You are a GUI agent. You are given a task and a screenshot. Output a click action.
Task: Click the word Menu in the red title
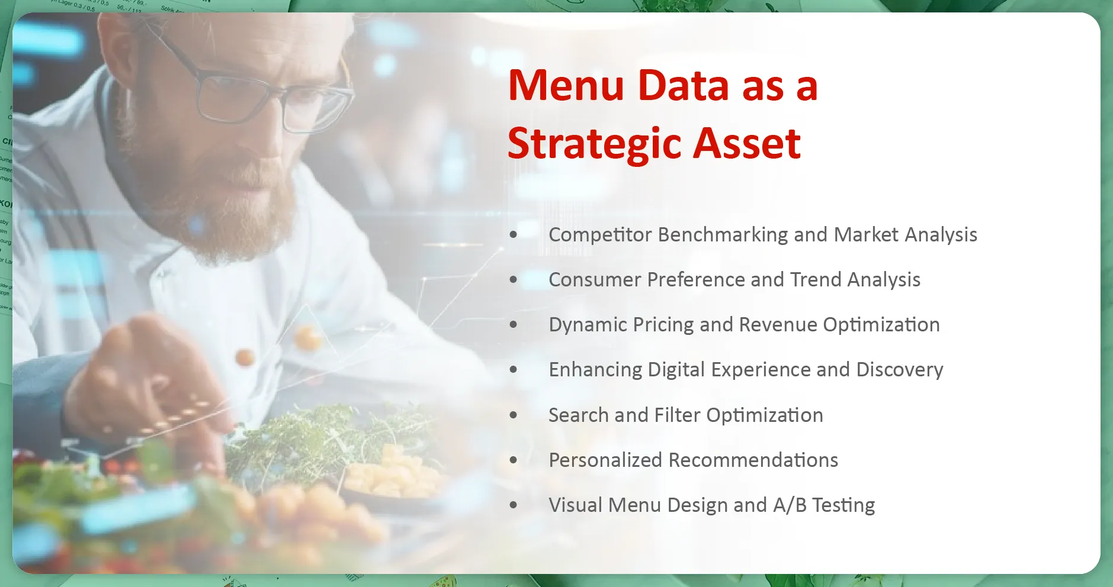pos(566,86)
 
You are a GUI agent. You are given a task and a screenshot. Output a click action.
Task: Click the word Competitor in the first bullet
pos(600,235)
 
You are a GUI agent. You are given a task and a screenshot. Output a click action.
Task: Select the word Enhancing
pos(595,370)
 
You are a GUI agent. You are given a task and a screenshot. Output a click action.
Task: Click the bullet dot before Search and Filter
pos(513,415)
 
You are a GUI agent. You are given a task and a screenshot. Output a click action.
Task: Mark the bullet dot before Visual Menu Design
pos(513,505)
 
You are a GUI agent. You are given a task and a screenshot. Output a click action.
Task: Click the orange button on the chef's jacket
pos(245,357)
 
